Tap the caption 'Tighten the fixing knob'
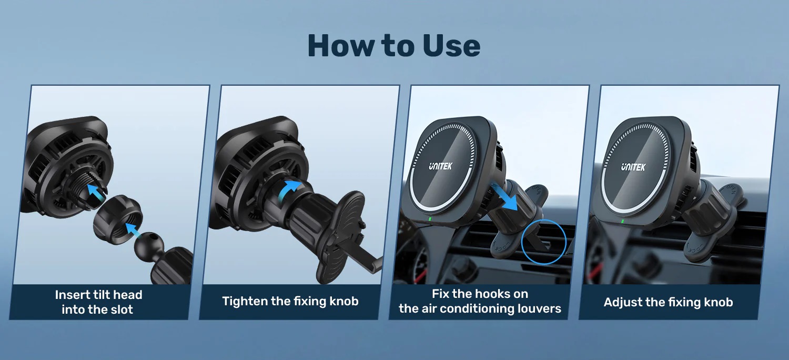click(x=290, y=302)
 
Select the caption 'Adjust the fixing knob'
click(x=668, y=302)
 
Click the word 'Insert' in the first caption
click(x=73, y=295)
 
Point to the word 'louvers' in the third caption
click(x=539, y=308)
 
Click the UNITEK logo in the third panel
click(x=440, y=166)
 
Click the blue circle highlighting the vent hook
click(x=543, y=242)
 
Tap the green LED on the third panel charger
click(x=430, y=219)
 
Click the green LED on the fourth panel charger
click(x=623, y=221)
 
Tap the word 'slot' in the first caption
click(x=121, y=309)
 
